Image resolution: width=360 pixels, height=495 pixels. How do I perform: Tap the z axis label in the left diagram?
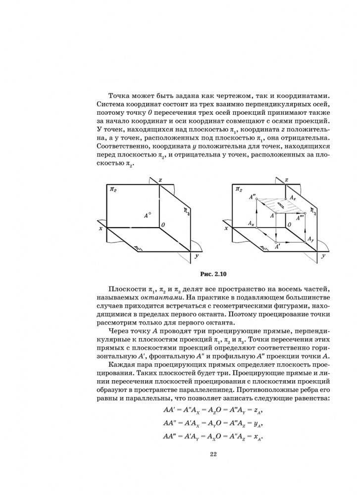click(161, 180)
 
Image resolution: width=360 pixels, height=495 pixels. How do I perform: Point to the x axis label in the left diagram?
click(101, 228)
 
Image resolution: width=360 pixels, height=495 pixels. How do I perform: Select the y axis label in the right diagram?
click(323, 256)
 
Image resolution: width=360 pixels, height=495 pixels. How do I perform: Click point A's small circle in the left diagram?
click(150, 213)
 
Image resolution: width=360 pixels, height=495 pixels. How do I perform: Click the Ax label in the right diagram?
click(252, 223)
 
